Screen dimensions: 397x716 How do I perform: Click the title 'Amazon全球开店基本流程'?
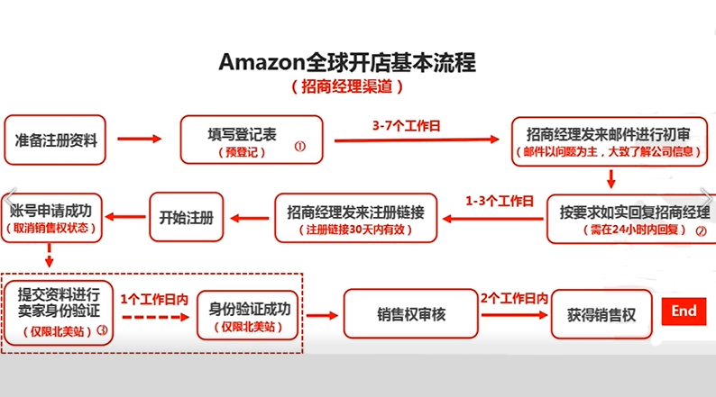347,63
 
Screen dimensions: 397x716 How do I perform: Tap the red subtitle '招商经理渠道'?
347,87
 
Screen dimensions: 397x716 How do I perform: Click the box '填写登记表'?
251,140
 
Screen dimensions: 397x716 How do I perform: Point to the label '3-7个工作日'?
406,127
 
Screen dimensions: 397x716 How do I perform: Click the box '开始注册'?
186,218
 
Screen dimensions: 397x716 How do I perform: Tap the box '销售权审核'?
411,315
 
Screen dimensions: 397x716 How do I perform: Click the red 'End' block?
684,311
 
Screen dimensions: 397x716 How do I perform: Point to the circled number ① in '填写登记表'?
300,144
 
